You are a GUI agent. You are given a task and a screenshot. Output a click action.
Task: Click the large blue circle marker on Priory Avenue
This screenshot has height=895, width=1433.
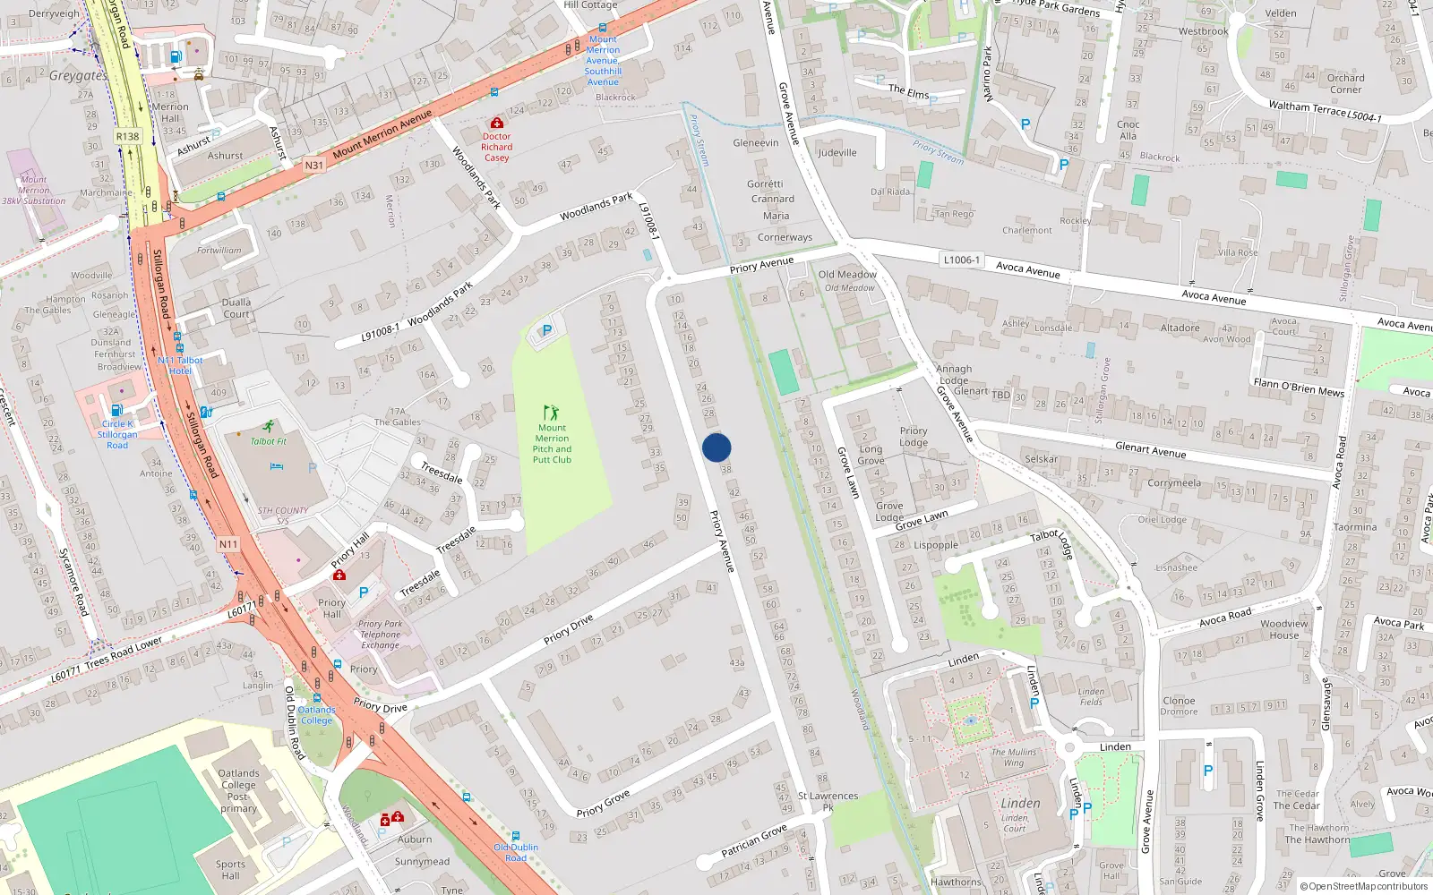(716, 447)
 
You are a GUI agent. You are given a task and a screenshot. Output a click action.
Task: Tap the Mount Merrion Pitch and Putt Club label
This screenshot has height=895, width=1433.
(552, 444)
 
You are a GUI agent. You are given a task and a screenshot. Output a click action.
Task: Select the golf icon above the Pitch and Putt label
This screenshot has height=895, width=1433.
(551, 413)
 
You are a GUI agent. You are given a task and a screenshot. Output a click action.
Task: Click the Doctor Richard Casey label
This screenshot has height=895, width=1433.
(496, 148)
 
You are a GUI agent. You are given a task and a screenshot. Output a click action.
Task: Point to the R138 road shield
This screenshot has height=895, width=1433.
(128, 137)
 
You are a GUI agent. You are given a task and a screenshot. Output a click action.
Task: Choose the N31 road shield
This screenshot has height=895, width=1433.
(313, 165)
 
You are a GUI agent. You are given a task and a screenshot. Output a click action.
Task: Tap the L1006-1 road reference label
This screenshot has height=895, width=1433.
(961, 260)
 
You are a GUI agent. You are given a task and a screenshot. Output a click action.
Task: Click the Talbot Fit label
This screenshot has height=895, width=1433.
(269, 441)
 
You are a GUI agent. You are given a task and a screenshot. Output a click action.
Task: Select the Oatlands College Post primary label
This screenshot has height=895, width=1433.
(238, 790)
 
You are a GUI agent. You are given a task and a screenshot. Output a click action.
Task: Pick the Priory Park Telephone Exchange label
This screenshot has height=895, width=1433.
(381, 635)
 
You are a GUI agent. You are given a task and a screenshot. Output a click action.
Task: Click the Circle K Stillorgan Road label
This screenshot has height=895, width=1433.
(117, 434)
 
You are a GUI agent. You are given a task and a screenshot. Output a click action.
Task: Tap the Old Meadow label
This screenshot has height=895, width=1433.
(847, 275)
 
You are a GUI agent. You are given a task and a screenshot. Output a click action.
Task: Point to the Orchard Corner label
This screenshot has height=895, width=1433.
(1345, 83)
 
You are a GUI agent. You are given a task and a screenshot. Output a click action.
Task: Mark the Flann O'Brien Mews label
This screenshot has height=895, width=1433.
(1299, 387)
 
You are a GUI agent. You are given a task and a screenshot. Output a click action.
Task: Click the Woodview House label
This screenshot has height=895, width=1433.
(1283, 629)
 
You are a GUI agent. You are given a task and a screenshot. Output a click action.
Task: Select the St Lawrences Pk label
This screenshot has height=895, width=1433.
(828, 801)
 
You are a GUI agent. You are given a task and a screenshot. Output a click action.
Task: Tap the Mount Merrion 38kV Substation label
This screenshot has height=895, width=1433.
(34, 191)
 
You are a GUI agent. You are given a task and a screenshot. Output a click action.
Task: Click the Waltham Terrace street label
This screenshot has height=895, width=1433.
(1308, 108)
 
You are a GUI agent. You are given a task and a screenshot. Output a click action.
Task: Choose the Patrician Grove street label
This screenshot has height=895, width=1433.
(754, 840)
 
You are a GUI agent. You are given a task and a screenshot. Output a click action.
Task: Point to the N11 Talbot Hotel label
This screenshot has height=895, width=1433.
(180, 365)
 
